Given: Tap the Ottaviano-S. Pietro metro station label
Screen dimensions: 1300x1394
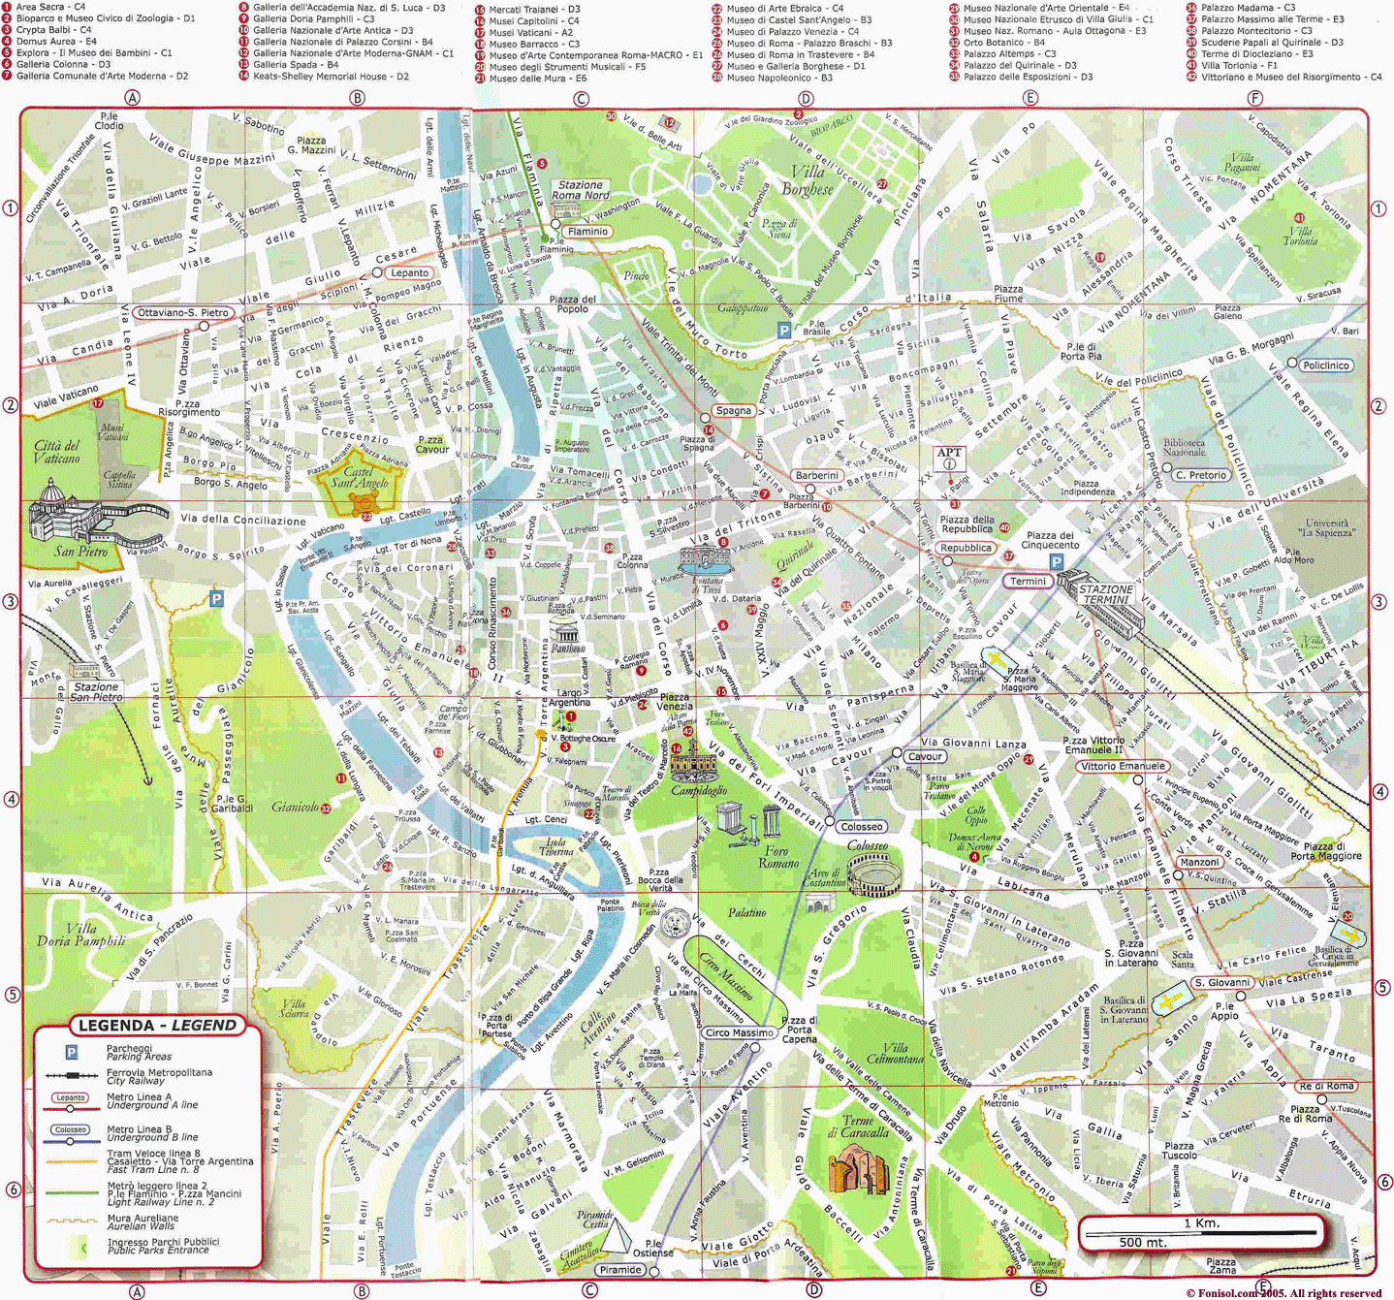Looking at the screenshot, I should click(183, 312).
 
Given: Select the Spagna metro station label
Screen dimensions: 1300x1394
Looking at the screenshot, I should click(734, 410).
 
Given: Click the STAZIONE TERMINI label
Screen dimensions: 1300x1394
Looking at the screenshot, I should click(1106, 594).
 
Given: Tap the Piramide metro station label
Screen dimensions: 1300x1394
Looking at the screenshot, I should click(620, 1269).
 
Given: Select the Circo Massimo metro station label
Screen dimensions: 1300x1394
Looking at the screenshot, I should click(740, 1032).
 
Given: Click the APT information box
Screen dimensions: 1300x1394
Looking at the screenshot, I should click(950, 458).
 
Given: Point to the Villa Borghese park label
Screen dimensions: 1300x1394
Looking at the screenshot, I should click(807, 180).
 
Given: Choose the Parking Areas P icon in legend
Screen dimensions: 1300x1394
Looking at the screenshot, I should click(71, 1052).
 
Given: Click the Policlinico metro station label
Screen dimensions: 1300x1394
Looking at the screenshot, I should click(1326, 365).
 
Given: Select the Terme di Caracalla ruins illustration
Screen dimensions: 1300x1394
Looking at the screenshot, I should click(858, 1167).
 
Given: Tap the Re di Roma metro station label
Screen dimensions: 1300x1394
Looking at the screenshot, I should click(1326, 1086).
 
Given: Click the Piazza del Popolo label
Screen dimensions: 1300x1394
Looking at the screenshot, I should click(573, 304).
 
